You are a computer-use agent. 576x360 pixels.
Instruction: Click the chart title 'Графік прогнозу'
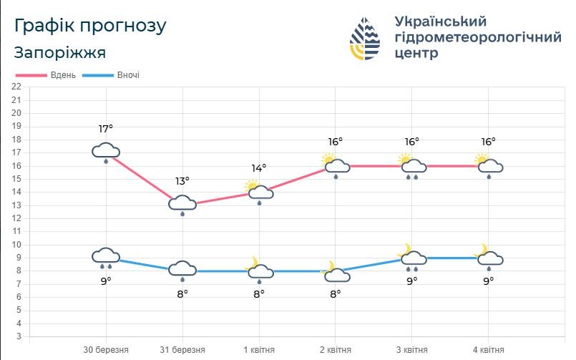pos(90,26)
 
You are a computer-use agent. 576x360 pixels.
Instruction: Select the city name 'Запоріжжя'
pos(60,53)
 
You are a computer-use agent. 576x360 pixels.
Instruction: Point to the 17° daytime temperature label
pos(106,129)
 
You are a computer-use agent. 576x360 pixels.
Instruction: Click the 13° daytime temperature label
pos(182,181)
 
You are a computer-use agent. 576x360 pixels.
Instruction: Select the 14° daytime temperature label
pos(259,168)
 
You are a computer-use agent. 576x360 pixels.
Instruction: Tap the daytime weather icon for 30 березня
pos(106,152)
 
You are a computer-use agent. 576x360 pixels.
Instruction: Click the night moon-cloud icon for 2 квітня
pos(335,272)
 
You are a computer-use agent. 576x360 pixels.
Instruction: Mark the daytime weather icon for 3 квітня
pos(411,166)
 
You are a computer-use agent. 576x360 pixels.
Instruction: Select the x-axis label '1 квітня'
pos(259,350)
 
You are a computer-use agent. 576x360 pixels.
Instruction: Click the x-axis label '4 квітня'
pos(489,350)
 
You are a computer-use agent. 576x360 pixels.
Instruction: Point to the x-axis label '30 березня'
pos(106,350)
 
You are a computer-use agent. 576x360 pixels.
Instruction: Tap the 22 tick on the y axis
pos(16,87)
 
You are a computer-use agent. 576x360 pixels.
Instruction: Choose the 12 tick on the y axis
pos(16,218)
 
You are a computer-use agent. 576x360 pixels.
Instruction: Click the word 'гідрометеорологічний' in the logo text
pos(478,38)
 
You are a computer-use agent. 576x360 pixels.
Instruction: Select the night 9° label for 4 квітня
pos(489,281)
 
